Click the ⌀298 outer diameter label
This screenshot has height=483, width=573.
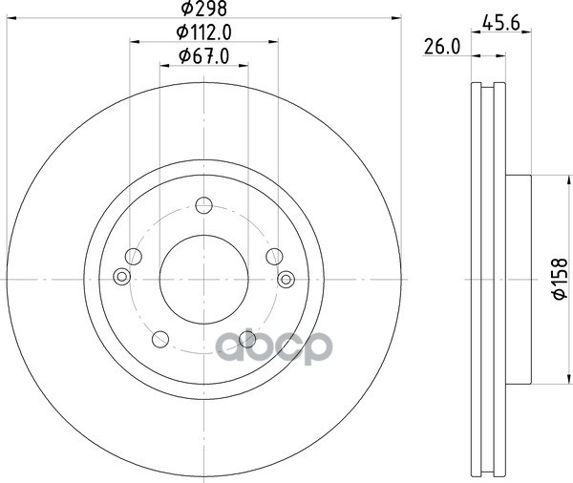(x=204, y=9)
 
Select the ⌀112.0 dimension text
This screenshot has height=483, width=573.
(x=204, y=32)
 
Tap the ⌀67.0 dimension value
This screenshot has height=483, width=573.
(x=204, y=56)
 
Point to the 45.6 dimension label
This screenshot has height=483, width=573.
(x=500, y=23)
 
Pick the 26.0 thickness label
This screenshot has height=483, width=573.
(x=442, y=47)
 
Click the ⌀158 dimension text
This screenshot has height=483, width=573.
(x=560, y=279)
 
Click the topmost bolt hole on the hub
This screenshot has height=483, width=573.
(x=204, y=205)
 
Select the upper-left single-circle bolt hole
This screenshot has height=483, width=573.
(x=134, y=257)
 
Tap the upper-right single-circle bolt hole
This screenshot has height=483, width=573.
(x=274, y=257)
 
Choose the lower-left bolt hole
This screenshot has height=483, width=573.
(x=160, y=340)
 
